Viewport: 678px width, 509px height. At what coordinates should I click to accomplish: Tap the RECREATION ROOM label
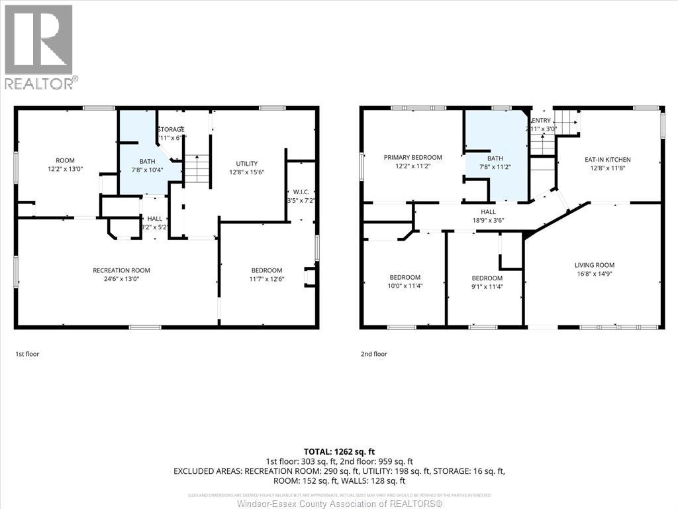click(x=121, y=270)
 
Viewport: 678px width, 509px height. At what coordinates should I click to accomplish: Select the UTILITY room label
click(x=247, y=164)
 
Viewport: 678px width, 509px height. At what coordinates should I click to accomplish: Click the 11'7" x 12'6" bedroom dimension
click(x=267, y=279)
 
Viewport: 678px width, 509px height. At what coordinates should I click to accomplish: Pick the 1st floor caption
click(x=27, y=354)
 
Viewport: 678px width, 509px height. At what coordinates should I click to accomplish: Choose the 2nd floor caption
click(x=373, y=354)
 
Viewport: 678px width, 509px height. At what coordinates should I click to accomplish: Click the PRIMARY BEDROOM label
click(x=412, y=157)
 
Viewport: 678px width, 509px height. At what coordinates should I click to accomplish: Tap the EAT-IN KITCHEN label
click(x=607, y=159)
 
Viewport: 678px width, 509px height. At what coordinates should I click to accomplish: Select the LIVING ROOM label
click(x=594, y=264)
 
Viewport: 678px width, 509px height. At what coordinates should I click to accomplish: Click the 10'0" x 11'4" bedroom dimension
click(x=405, y=286)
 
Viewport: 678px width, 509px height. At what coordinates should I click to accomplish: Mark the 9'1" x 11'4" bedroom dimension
click(x=487, y=287)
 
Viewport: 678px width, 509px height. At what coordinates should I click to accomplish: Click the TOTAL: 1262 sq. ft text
click(x=339, y=451)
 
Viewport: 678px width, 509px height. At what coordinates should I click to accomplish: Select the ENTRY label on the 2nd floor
click(x=541, y=120)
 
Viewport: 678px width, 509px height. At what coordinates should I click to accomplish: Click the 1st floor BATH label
click(x=146, y=161)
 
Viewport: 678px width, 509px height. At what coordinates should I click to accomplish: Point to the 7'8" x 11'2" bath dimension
click(x=495, y=168)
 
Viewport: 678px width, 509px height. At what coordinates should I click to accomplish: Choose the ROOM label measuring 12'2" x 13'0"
click(x=65, y=160)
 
